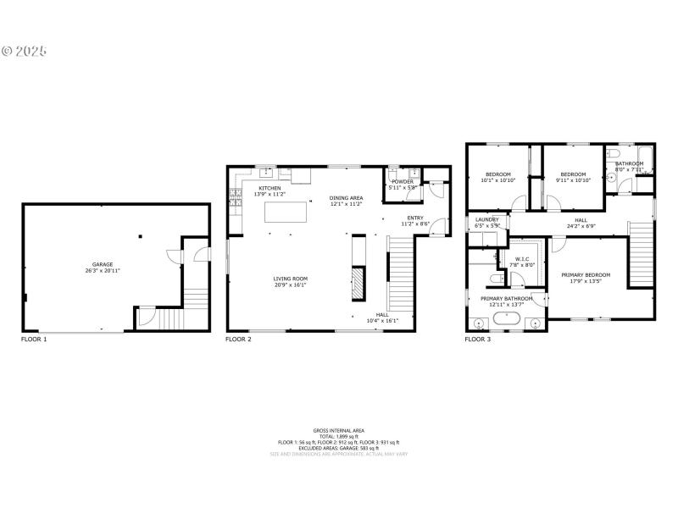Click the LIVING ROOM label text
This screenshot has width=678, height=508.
[x=290, y=279]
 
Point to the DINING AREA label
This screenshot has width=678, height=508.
[x=346, y=197]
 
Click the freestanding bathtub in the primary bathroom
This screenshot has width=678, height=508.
[x=507, y=321]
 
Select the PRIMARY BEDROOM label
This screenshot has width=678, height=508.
[x=586, y=275]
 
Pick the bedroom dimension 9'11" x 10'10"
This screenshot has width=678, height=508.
[x=573, y=180]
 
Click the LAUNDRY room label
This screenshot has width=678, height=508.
[x=486, y=220]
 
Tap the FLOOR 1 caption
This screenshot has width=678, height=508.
[x=34, y=340]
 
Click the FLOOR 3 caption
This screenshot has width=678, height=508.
[x=477, y=340]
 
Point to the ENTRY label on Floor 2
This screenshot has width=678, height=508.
[x=415, y=218]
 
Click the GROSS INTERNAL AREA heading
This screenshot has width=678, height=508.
[x=338, y=430]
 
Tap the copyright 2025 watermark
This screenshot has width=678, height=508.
[x=25, y=51]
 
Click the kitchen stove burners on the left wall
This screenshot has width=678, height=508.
[x=235, y=201]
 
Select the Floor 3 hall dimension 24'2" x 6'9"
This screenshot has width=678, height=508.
[x=581, y=225]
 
